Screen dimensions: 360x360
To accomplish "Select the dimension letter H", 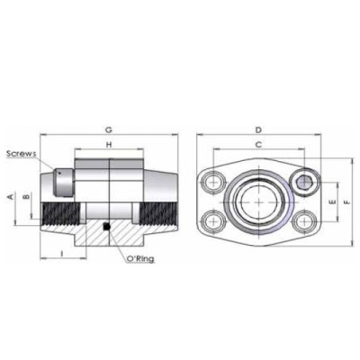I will point(108,144).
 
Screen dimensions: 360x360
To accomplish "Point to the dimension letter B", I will point(28,195).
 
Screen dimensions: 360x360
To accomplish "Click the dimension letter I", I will point(59,256).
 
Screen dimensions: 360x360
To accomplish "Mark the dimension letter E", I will point(334,203).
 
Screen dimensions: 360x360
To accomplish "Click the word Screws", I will point(20,153).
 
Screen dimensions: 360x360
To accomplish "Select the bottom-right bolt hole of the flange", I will point(304,222).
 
